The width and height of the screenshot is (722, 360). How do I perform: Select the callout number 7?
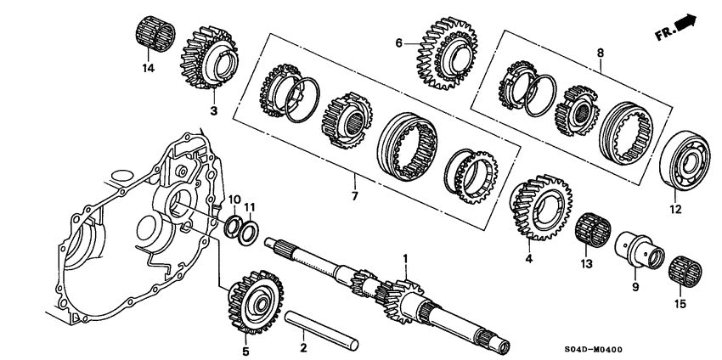tap(354, 196)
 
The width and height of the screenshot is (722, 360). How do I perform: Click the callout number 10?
tap(235, 200)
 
